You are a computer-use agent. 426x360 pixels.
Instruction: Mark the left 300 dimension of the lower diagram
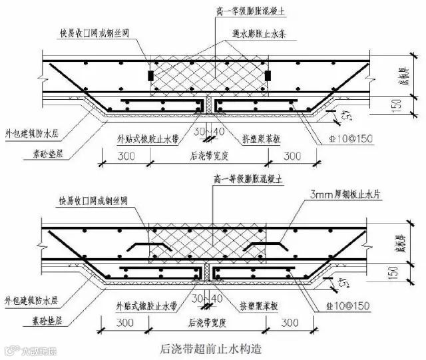tap(120, 322)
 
